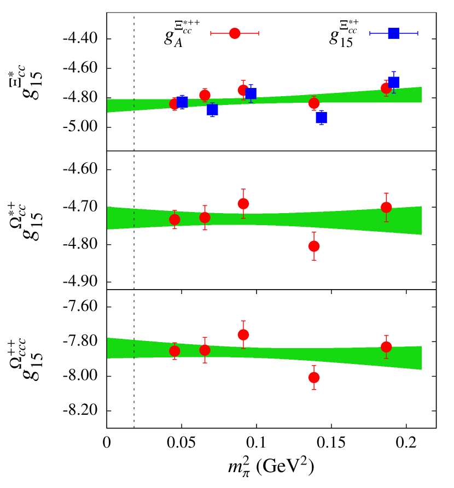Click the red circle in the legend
tap(235, 33)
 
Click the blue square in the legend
tap(393, 33)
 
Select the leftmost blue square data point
tap(182, 102)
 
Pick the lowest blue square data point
tap(321, 117)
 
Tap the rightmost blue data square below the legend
tap(393, 83)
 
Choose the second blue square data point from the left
tap(212, 110)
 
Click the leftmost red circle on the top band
tap(174, 104)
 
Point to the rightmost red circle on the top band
tap(386, 88)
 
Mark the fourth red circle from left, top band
tap(314, 103)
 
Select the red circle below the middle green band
tap(314, 246)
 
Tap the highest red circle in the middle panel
tap(243, 204)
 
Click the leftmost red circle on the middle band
tap(174, 220)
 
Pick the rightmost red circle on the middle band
tap(386, 207)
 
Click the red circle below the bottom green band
tap(314, 378)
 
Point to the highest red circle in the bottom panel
tap(243, 334)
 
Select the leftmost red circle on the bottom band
tap(174, 351)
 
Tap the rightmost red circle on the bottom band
tap(386, 347)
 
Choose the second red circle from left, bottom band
tap(205, 350)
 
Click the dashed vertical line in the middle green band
tap(134, 218)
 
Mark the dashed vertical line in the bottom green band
tap(134, 349)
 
